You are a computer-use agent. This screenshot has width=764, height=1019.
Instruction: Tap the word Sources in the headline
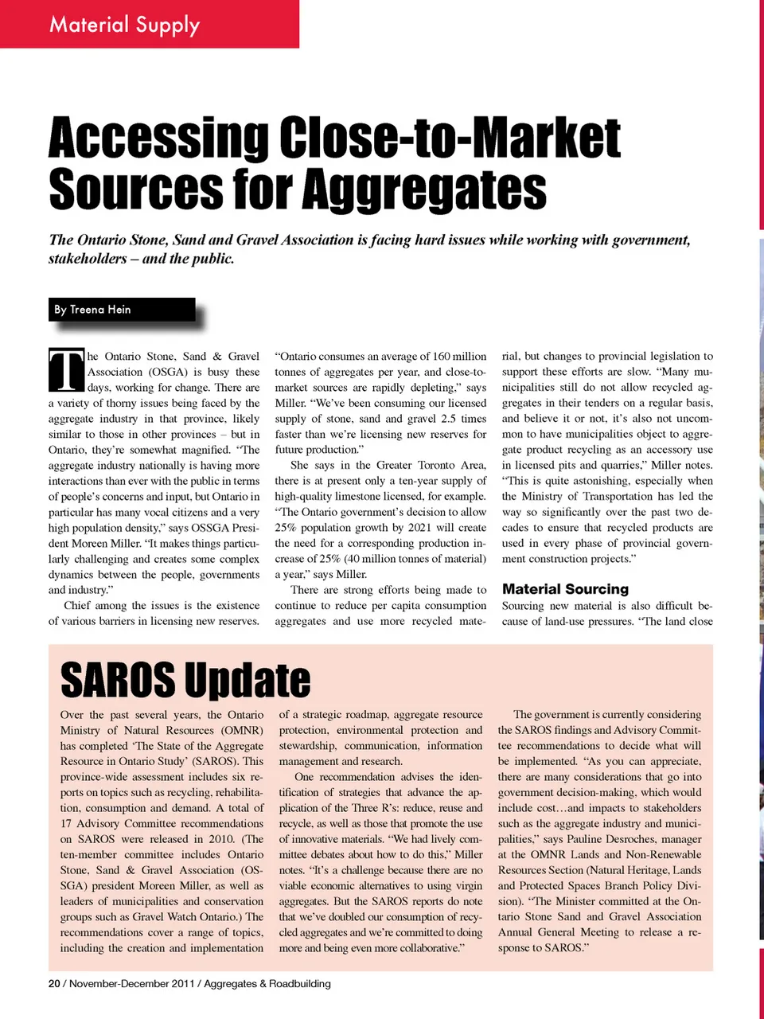click(134, 189)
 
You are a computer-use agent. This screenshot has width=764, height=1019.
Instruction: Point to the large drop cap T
click(66, 371)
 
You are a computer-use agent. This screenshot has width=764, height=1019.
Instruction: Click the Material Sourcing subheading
click(565, 589)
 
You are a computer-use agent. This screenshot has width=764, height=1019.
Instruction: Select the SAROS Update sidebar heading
click(185, 681)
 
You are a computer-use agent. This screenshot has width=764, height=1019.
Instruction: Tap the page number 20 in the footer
click(54, 984)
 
